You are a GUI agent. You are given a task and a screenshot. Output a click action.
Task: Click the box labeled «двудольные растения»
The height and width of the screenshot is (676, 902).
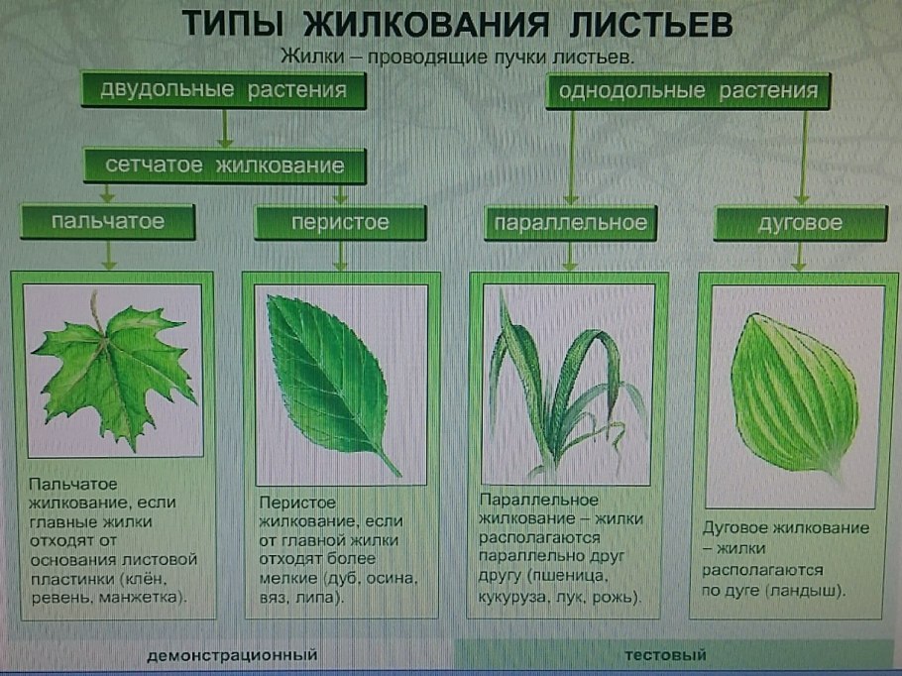222,91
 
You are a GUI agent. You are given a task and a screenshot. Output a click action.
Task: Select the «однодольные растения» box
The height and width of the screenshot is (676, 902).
688,92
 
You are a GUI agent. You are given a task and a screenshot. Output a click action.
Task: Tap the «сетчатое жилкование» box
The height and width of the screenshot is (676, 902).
225,166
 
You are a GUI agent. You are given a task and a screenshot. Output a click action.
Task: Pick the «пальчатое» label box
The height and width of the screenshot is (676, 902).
108,222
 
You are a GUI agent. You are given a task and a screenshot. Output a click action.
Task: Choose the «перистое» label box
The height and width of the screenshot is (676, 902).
340,222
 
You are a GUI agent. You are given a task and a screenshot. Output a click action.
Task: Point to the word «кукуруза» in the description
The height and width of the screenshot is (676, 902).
515,599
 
